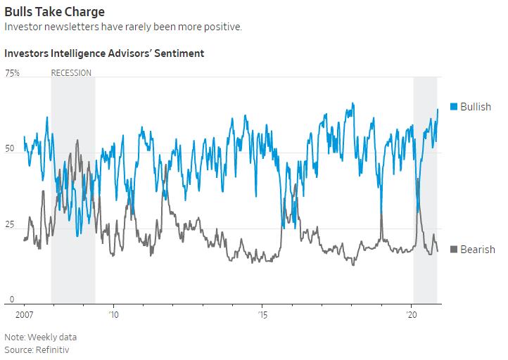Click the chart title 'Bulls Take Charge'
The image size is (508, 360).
pyautogui.click(x=54, y=12)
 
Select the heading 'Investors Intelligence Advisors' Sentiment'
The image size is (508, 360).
pyautogui.click(x=104, y=53)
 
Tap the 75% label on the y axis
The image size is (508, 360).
pyautogui.click(x=12, y=72)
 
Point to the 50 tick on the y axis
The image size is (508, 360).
pyautogui.click(x=10, y=148)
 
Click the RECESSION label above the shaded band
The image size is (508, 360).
pyautogui.click(x=71, y=72)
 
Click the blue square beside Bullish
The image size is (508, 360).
pyautogui.click(x=454, y=107)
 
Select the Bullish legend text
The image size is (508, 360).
pyautogui.click(x=476, y=107)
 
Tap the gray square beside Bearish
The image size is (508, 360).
pyautogui.click(x=454, y=250)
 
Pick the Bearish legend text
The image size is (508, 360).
pyautogui.click(x=478, y=250)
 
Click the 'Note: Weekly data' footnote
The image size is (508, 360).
pyautogui.click(x=40, y=337)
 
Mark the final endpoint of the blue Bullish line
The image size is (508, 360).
pyautogui.click(x=438, y=109)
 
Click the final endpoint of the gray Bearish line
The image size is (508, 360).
pyautogui.click(x=438, y=251)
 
